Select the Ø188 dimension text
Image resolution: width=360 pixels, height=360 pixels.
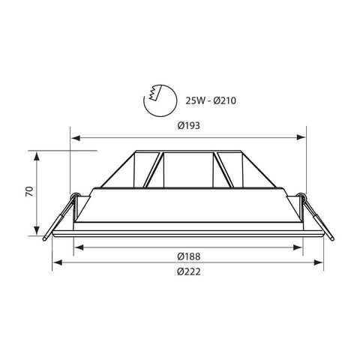(x=189, y=256)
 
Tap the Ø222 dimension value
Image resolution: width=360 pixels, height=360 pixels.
(x=189, y=271)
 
